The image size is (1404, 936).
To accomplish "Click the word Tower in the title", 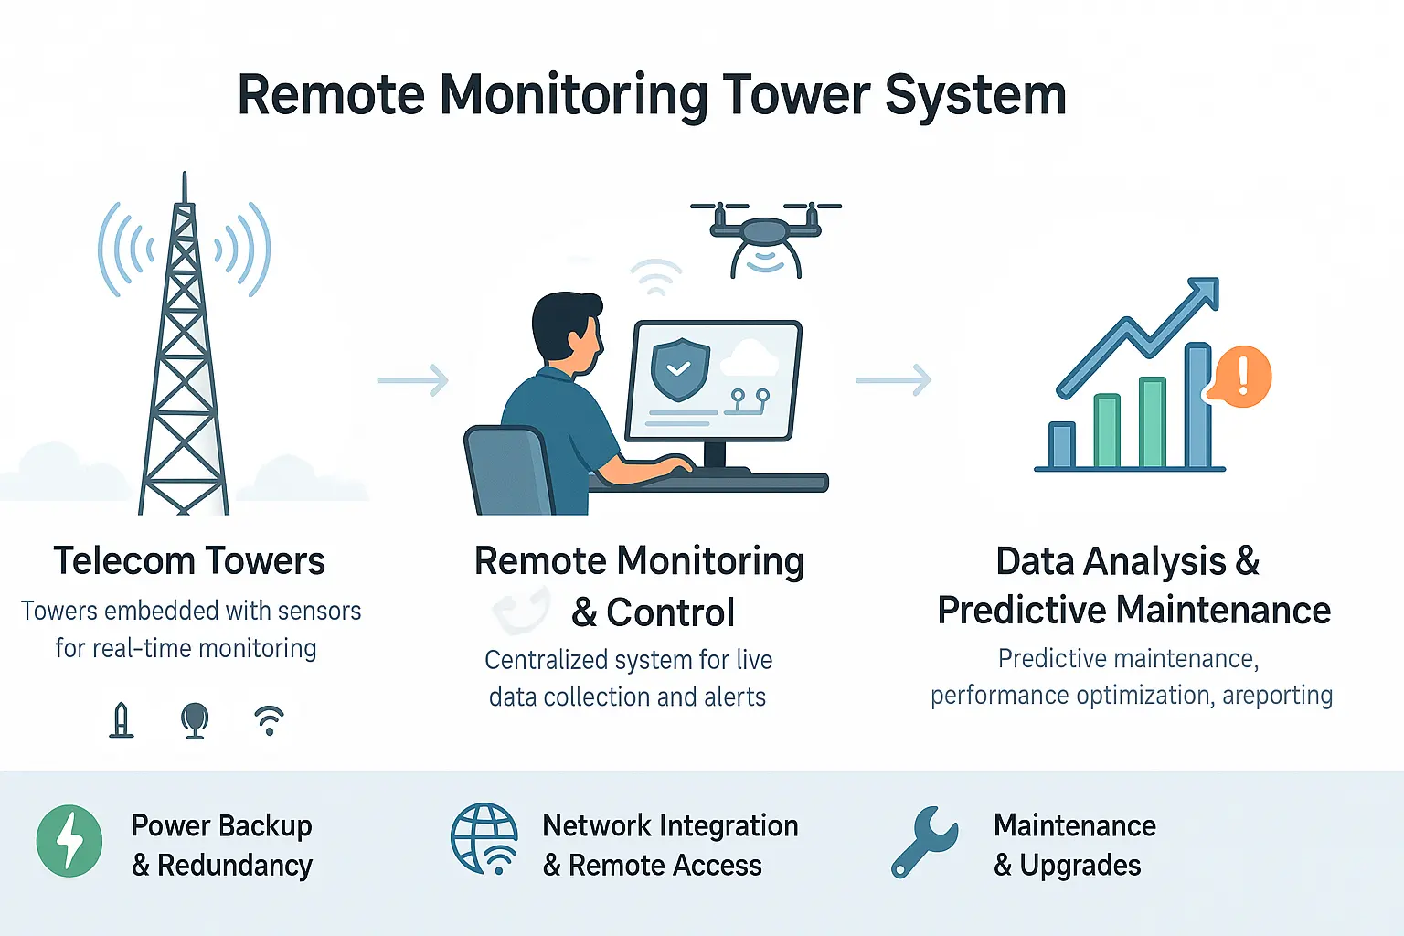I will coord(795,95).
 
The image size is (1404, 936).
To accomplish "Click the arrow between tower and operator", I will coord(413,380).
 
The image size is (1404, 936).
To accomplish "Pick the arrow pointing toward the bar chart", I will coord(893,380).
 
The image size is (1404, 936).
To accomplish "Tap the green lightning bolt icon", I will coord(69,841).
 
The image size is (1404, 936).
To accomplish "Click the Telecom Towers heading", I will coord(189,560).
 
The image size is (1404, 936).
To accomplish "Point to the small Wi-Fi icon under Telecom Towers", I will coord(269,720).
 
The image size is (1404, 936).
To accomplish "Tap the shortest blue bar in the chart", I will coord(1061,445).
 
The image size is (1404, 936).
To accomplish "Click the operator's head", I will coord(567,329).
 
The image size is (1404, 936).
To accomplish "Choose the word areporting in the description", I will coord(1277,696).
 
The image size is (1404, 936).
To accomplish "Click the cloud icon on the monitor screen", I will coord(750,359).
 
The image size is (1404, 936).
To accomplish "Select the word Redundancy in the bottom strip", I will coord(235,866).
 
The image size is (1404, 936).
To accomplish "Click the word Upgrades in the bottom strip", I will coord(1080,866).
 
